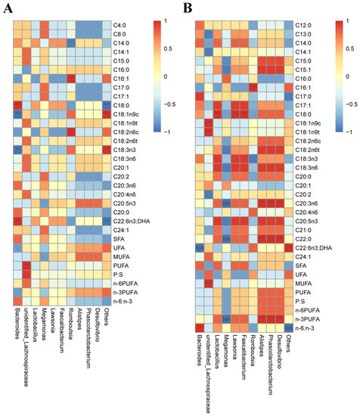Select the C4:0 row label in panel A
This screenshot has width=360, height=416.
point(121,25)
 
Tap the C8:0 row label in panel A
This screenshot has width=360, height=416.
point(121,34)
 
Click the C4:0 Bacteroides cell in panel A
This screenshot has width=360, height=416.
point(17,25)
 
